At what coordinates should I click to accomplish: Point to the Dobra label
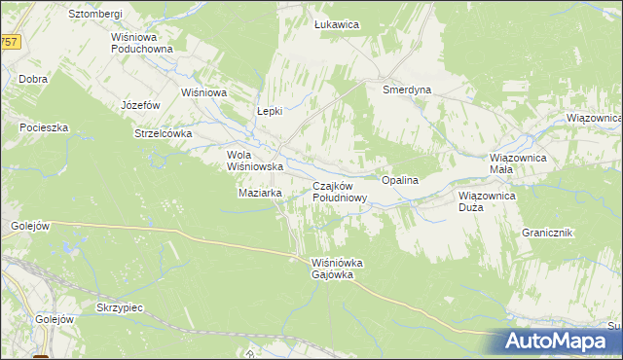33,79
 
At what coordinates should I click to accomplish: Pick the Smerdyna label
407,89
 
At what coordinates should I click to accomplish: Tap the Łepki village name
269,111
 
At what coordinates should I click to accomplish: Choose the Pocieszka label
44,127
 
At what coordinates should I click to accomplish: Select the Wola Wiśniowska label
254,161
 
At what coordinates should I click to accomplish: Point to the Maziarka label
260,193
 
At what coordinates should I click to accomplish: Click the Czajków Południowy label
340,192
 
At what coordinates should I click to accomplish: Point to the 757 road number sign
9,42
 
